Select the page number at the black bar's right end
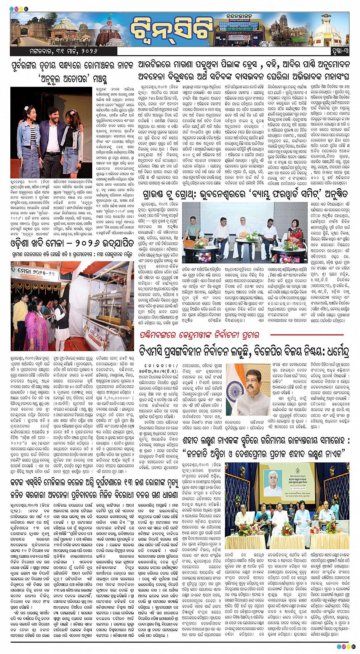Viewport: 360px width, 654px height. [x=338, y=51]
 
